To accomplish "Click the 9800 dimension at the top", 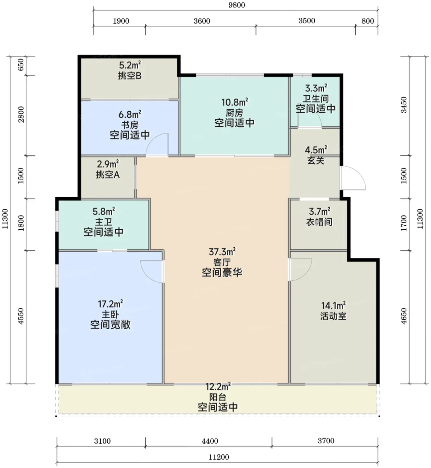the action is (237, 5).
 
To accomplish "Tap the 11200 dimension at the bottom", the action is (219, 457).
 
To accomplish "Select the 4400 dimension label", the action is (210, 441).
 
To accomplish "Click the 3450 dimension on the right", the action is (404, 105).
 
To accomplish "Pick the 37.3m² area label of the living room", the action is (222, 252).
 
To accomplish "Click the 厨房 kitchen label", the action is (234, 113).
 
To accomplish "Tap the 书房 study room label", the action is (129, 125).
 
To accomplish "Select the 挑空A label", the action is (108, 174).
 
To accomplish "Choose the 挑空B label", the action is (129, 76).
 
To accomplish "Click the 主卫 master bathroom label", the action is (103, 222).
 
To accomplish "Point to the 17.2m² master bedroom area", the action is (110, 304).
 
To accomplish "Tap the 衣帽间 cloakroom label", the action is (319, 222).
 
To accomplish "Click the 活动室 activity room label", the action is (333, 316).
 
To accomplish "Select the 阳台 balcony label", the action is (218, 397).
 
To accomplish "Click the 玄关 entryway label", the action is (316, 160).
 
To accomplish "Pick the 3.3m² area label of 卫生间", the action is (316, 89).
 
